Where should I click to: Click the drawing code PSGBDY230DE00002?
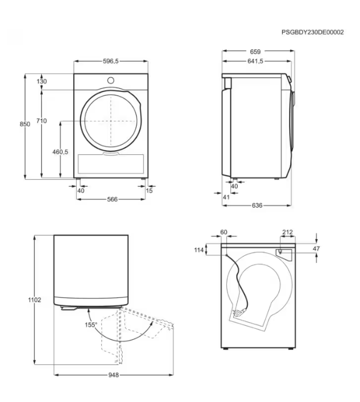point(312,33)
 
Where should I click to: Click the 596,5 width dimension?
point(111,61)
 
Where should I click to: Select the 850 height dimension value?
point(25,124)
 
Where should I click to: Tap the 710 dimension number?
point(41,121)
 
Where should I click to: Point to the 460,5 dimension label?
point(60,152)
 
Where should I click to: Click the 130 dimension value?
point(42,81)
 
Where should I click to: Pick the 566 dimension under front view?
point(112,199)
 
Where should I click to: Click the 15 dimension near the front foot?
point(149,190)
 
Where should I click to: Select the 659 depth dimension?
point(255,52)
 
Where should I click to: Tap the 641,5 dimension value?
point(255,61)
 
